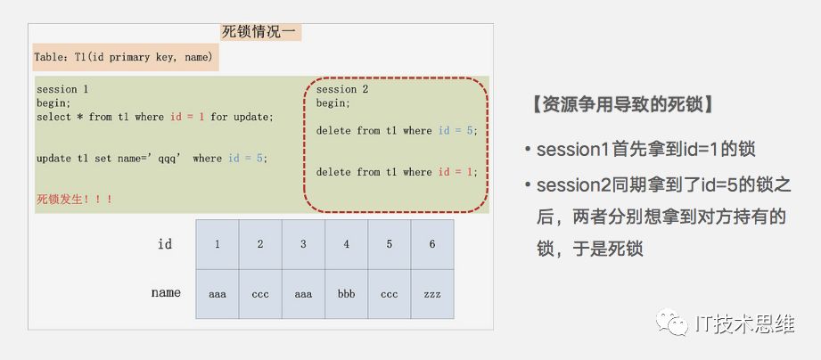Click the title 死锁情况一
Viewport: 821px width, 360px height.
coord(259,32)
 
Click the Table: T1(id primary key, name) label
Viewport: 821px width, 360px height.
coord(124,57)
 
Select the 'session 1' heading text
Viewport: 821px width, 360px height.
coord(62,89)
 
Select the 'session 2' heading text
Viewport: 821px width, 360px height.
coord(342,89)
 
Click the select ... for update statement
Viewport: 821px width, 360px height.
coord(155,118)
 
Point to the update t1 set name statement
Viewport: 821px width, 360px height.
coord(152,159)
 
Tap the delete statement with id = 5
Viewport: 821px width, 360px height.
coord(397,131)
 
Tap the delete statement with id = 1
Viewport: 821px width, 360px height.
coord(397,172)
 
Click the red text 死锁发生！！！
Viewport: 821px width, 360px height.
coord(74,200)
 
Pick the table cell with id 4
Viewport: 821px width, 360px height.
coord(346,244)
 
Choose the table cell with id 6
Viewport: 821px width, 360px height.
coord(432,244)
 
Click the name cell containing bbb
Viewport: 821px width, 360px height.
coord(346,294)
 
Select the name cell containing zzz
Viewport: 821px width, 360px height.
coord(432,294)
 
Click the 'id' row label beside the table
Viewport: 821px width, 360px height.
coord(165,244)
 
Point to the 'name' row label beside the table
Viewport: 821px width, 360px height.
coord(166,292)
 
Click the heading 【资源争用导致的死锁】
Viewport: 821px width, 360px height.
coord(622,104)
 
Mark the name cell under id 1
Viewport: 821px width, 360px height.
coord(218,294)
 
